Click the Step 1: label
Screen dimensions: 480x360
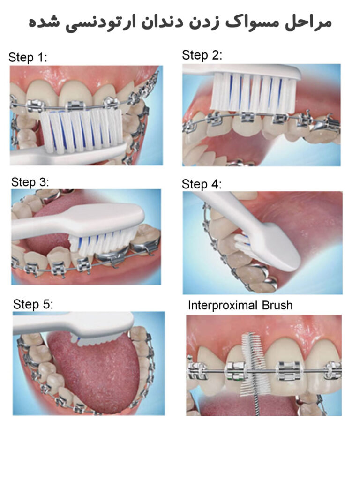[28, 58]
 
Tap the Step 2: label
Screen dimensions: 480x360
[202, 55]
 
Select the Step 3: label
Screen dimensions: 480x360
[30, 182]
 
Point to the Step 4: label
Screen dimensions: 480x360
[202, 184]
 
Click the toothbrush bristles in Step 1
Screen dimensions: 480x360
[82, 131]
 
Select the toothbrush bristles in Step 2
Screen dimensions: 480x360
[253, 94]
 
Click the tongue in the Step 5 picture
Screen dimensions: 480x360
[94, 370]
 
